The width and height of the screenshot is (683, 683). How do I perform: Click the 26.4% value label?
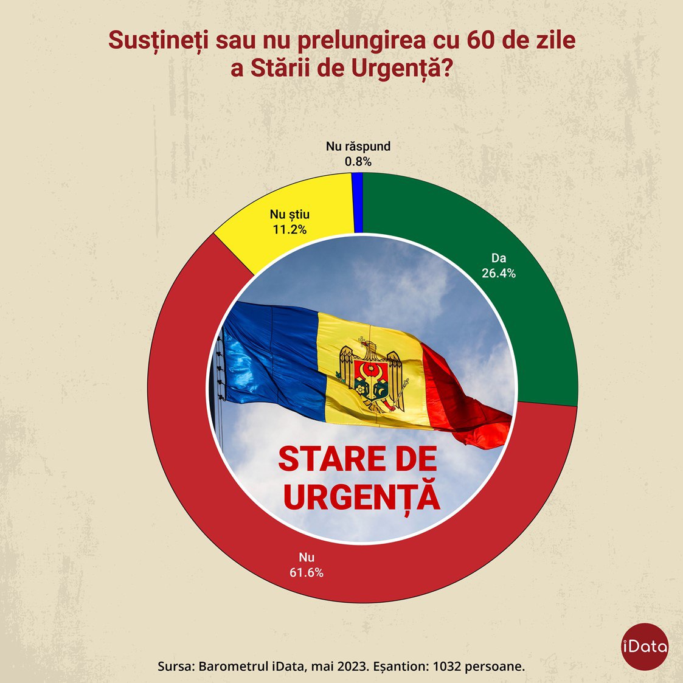pos(499,274)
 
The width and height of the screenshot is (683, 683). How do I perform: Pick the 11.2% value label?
pos(290,229)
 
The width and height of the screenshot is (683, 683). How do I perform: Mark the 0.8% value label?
pos(358,162)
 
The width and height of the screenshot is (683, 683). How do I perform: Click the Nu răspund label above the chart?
pos(358,147)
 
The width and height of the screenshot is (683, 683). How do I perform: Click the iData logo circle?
pos(645,647)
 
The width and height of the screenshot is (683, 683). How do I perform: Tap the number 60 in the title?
pos(480,41)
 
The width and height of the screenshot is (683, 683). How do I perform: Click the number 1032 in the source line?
pos(445,666)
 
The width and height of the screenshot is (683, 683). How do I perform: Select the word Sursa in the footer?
pos(175,666)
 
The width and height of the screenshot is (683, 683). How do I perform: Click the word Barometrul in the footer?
pos(228,666)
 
